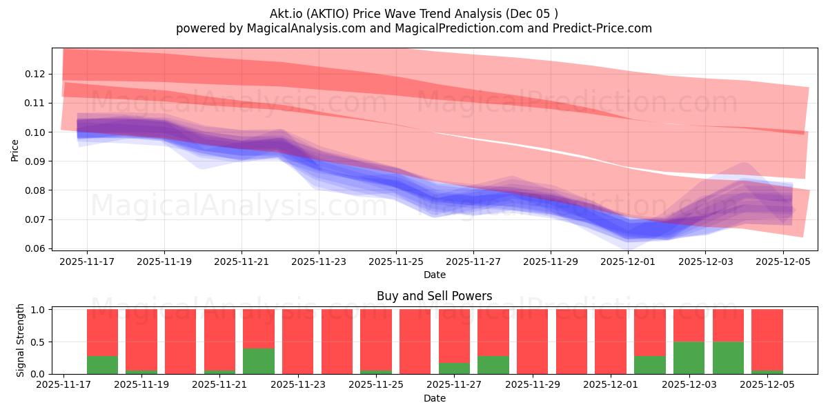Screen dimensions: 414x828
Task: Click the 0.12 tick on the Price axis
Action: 36,74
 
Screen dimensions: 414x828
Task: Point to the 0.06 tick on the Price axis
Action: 36,248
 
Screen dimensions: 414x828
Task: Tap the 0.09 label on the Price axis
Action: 36,161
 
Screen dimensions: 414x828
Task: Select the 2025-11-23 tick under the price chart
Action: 319,262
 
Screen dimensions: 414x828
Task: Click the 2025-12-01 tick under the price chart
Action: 628,262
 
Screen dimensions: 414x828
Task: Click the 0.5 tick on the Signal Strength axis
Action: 39,342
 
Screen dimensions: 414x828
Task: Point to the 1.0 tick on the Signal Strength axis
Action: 39,310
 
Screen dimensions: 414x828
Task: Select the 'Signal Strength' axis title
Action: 21,340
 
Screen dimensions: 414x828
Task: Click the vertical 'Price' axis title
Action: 15,149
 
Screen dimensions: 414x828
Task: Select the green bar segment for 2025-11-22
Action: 258,361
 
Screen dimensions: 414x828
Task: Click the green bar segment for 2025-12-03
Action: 689,357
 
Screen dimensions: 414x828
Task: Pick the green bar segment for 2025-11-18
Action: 102,365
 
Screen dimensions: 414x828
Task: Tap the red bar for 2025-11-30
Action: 571,342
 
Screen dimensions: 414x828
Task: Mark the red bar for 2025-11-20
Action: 180,342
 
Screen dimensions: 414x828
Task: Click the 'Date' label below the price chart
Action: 434,275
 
